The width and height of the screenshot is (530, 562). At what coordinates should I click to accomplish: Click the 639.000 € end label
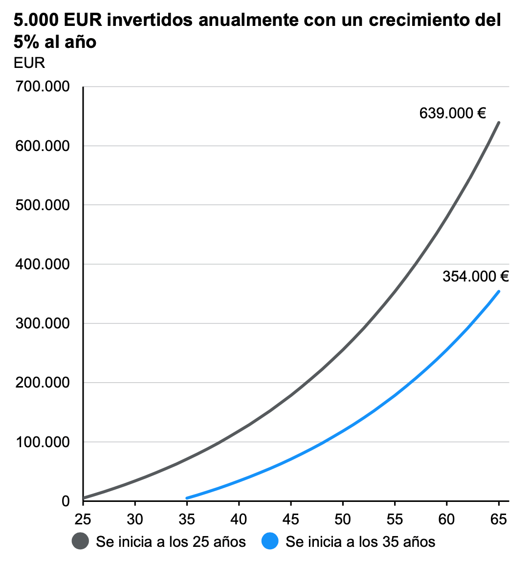452,113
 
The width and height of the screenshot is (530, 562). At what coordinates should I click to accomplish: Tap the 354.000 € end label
475,277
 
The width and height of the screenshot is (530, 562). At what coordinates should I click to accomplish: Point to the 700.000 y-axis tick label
43,86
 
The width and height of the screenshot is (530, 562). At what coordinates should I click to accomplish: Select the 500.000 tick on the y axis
43,205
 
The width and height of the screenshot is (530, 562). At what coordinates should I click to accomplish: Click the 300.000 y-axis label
43,324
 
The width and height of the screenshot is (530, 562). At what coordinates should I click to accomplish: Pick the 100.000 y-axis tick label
43,442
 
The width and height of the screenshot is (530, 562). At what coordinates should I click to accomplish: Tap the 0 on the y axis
66,501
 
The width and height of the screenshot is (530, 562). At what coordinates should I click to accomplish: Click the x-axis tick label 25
83,519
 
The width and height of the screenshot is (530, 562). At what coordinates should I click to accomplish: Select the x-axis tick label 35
187,519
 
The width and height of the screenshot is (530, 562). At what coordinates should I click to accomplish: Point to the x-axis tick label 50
343,519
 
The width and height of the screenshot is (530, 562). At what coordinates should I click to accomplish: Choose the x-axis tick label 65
499,519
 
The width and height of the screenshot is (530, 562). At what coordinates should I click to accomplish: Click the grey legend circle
80,541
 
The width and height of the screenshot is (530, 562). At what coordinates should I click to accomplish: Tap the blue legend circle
270,541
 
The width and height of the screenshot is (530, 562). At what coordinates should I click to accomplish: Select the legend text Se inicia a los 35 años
360,541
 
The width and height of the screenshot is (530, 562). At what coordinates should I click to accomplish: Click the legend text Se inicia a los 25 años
171,541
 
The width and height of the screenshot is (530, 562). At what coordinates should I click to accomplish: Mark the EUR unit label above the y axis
29,63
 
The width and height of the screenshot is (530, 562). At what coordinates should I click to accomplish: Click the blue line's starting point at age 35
187,498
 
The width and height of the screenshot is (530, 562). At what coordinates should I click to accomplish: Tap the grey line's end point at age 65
499,122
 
